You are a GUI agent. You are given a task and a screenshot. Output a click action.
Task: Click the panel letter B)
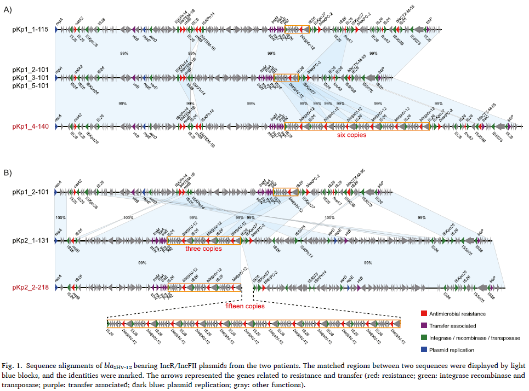[8, 173]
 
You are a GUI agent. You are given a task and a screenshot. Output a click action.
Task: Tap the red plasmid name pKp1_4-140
[31, 127]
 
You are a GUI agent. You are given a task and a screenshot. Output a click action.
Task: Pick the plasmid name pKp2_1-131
[31, 240]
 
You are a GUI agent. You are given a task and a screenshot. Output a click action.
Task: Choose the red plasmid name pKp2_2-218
[31, 287]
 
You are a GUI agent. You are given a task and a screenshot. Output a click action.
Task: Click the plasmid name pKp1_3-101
[31, 78]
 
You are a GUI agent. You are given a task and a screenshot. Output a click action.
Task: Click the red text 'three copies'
[203, 249]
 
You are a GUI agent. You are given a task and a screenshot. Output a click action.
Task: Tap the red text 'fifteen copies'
[244, 306]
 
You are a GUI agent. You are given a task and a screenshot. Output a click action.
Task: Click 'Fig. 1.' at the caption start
[12, 365]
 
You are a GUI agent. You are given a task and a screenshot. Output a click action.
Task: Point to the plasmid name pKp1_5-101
[31, 86]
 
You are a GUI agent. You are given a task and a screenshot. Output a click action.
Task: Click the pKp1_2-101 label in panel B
[31, 192]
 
